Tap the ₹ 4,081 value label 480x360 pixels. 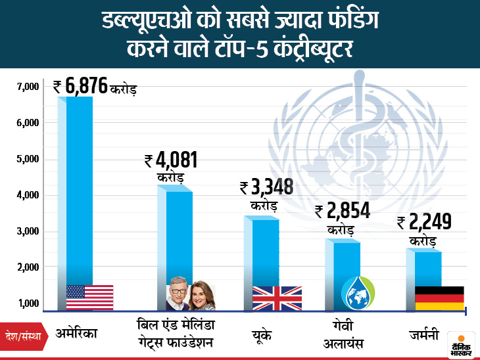[x=170, y=162]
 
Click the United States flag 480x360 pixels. [x=89, y=298]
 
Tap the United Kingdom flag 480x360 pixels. [x=277, y=298]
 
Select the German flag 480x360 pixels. [x=439, y=298]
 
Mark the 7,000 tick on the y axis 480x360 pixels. [x=29, y=87]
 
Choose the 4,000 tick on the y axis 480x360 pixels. [x=29, y=195]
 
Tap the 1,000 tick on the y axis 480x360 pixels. [x=29, y=304]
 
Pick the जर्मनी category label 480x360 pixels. [x=423, y=334]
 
